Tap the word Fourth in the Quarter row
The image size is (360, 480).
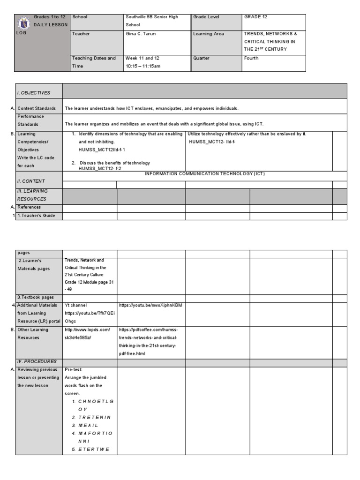[x=251, y=58]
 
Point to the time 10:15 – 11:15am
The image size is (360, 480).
[x=143, y=66]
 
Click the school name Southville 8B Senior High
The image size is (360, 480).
[x=152, y=17]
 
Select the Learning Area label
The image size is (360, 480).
[x=209, y=34]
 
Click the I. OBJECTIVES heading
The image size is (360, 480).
[x=33, y=93]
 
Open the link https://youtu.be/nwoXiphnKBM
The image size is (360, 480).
[x=150, y=305]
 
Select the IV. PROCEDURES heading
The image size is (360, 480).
[x=37, y=361]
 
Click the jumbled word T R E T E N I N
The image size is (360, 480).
[x=95, y=417]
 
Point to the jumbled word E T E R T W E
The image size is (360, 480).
[x=94, y=449]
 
